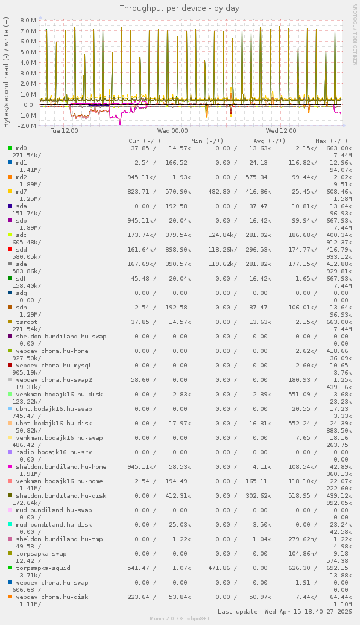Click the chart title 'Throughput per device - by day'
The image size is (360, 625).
[x=180, y=8]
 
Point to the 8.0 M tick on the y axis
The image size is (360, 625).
[x=28, y=20]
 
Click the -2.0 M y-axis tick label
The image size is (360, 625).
[x=28, y=125]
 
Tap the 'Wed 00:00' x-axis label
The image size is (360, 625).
[x=172, y=130]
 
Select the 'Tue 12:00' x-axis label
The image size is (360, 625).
[x=64, y=130]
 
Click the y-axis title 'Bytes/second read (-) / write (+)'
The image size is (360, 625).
[x=7, y=72]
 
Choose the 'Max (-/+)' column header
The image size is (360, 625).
[x=331, y=141]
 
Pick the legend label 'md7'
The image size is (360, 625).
[x=22, y=191]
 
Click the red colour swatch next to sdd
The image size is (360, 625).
[x=10, y=249]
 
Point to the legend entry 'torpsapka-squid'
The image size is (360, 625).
[x=43, y=568]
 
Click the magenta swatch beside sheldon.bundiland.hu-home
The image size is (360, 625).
[x=10, y=466]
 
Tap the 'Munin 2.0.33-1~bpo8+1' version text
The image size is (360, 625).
[x=180, y=619]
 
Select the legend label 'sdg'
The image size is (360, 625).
[x=22, y=293]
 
